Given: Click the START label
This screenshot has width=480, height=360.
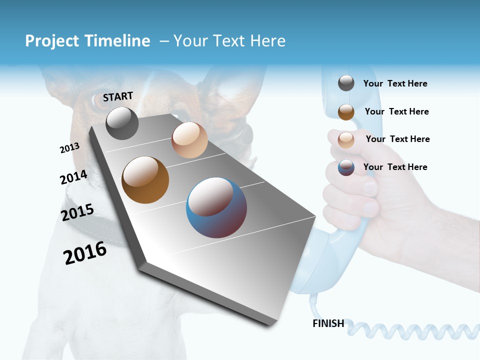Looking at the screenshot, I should click(118, 96).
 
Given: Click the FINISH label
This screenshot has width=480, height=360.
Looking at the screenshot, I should click(328, 323).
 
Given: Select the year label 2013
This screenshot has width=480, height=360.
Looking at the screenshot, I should click(69, 148).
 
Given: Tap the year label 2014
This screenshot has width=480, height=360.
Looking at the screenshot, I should click(73, 177).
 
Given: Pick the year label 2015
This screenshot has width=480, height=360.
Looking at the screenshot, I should click(77, 212).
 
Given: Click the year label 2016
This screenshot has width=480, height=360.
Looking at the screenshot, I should click(85, 253).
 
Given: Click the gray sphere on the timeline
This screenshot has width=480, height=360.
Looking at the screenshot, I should click(122, 123).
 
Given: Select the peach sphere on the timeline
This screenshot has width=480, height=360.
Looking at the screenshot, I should click(189, 140).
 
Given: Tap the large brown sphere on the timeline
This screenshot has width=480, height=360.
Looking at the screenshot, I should click(145, 180).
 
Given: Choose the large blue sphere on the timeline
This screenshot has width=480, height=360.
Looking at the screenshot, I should click(216, 207).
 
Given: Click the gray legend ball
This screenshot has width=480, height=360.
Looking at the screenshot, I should click(346, 83).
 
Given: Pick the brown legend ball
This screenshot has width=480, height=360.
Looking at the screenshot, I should click(346, 111).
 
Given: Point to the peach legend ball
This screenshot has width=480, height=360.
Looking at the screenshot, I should click(346, 139).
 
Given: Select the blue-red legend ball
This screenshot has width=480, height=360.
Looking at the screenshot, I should click(346, 167).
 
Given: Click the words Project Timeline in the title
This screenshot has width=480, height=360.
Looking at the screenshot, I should click(87, 41).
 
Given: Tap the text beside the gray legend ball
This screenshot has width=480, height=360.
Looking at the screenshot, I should click(395, 84).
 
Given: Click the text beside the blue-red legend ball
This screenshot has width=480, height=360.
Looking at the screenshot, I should click(395, 167).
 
